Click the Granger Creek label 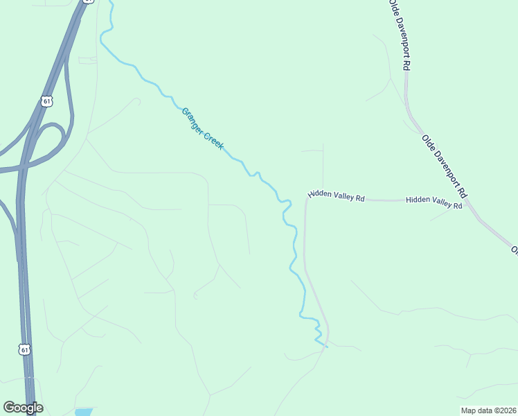(x=202, y=130)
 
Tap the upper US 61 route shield (x=46, y=101)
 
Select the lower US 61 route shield (x=25, y=350)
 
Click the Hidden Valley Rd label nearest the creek (x=336, y=197)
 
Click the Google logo (x=23, y=408)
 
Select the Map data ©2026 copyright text (x=489, y=410)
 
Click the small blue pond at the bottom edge (x=83, y=413)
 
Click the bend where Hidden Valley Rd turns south (x=307, y=201)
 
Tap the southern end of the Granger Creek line (x=325, y=345)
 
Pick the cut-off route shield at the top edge (x=87, y=1)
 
